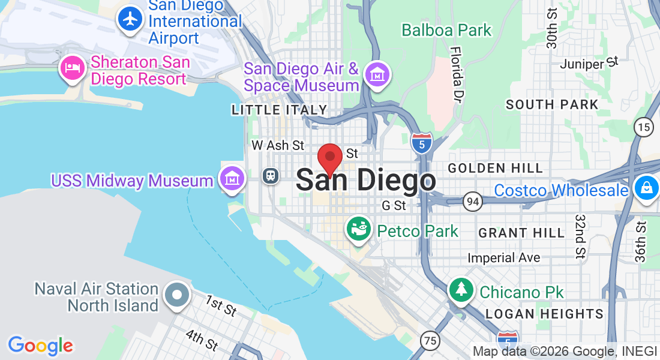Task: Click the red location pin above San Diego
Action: [x=329, y=158]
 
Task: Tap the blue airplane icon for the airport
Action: [x=130, y=19]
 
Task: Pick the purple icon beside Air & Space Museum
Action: [x=377, y=75]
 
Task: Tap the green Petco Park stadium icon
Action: [x=359, y=230]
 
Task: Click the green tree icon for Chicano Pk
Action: [x=461, y=290]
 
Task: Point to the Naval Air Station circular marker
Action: [x=177, y=295]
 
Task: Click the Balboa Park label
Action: [x=446, y=30]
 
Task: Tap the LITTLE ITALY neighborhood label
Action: [x=280, y=110]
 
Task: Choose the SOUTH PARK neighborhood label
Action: [x=552, y=104]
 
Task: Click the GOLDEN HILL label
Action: [x=495, y=168]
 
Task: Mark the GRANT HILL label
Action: [x=521, y=232]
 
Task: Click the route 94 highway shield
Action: [x=472, y=202]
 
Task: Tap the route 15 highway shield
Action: [x=644, y=127]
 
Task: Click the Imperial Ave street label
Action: [x=504, y=258]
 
